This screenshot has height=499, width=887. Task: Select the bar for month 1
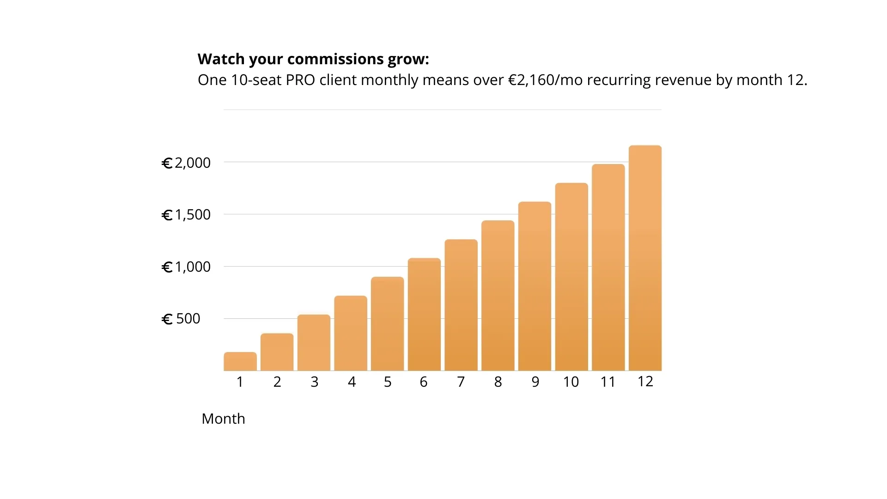240,362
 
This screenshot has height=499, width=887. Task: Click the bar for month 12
645,259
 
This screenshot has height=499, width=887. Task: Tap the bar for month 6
424,315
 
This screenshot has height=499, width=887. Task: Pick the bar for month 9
535,286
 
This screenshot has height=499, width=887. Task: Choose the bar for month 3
314,343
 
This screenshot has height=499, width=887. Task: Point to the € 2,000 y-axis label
186,163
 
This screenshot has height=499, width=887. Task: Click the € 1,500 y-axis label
186,215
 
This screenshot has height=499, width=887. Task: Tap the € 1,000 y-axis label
186,267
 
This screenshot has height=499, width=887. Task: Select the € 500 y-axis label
181,319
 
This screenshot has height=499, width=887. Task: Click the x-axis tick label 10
571,382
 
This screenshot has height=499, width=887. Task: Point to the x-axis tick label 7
461,382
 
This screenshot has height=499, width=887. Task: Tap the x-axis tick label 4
352,382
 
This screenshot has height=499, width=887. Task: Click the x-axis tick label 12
645,381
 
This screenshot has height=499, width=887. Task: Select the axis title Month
223,419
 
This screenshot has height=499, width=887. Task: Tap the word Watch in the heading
221,59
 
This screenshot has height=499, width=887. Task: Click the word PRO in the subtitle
300,80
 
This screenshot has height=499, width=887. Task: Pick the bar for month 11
608,268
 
